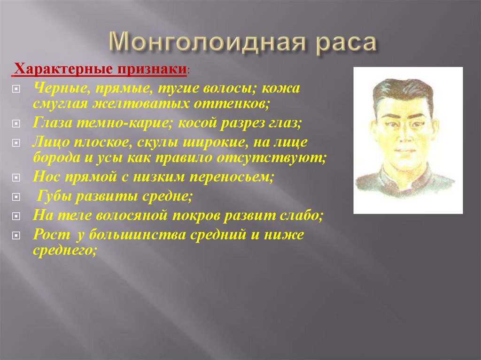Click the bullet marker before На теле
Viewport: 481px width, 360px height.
point(16,216)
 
